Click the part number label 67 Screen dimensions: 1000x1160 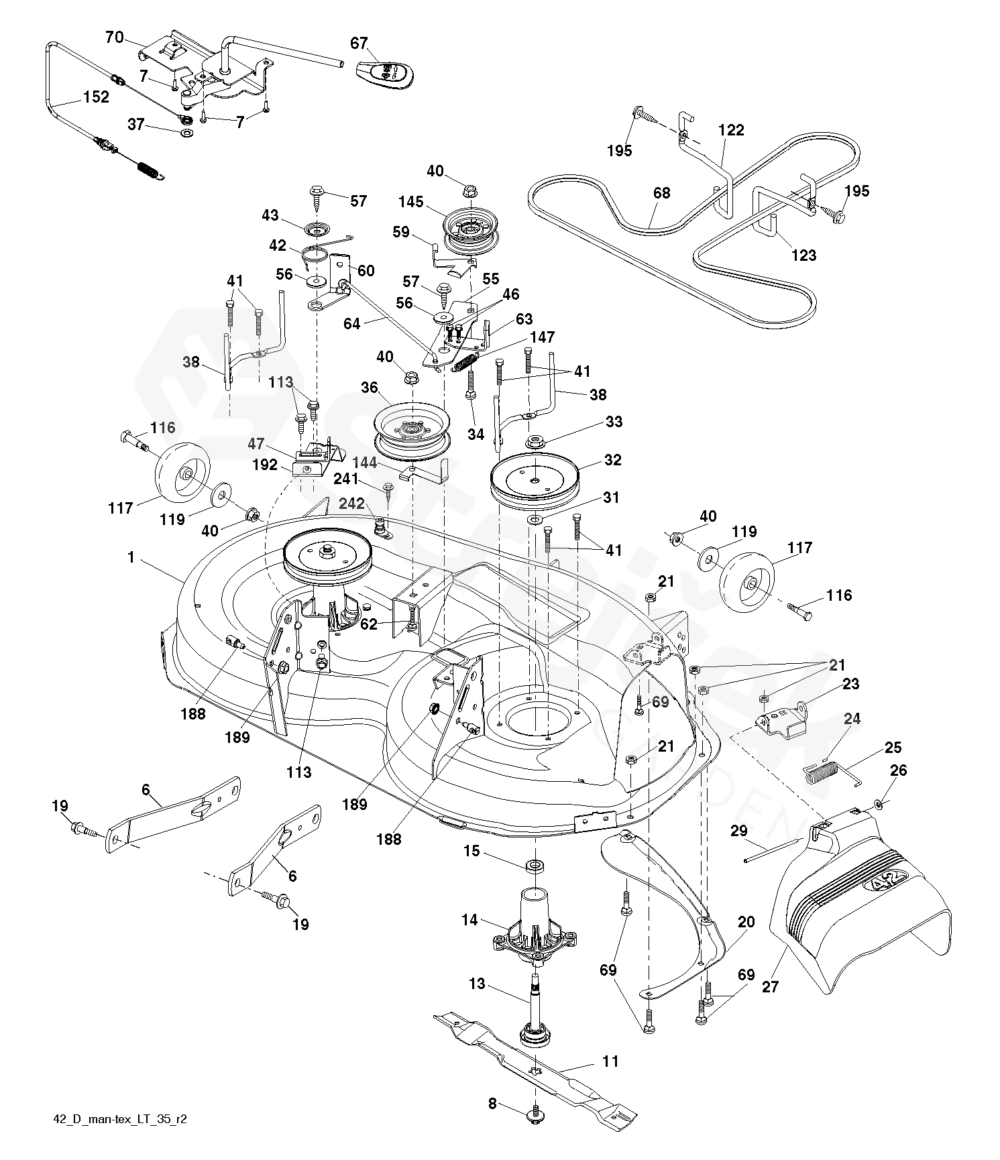[359, 43]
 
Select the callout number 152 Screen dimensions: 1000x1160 [96, 97]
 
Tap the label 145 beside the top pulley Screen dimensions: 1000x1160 [410, 202]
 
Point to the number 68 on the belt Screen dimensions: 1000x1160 [661, 193]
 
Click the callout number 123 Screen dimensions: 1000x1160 [803, 255]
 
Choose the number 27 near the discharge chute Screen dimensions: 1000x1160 [771, 986]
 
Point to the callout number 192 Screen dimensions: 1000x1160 [265, 464]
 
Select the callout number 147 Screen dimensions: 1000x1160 [542, 337]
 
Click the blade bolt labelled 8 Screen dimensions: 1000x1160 [535, 1114]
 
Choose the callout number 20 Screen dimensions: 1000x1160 [746, 922]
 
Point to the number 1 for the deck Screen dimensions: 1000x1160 [131, 557]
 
